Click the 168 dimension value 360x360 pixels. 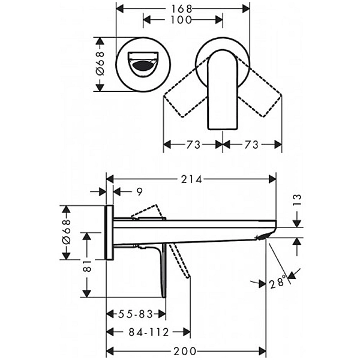(x=181, y=9)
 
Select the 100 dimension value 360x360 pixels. (x=181, y=20)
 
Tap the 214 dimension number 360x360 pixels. (x=192, y=179)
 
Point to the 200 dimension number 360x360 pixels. (x=185, y=351)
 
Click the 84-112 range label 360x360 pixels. (x=149, y=332)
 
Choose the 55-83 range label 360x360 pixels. (x=136, y=314)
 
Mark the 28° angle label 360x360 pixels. (x=278, y=282)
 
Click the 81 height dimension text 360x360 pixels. (x=88, y=266)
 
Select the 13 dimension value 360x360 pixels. (x=297, y=200)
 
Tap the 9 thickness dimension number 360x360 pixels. (x=140, y=192)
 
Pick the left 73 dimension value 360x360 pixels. (x=193, y=145)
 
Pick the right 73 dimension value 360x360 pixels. (x=251, y=145)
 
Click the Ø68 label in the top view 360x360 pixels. (x=100, y=64)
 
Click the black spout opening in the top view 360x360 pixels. (x=143, y=66)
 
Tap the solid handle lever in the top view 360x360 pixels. (x=222, y=89)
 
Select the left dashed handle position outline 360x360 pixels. (x=186, y=87)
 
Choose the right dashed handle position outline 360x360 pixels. (x=259, y=87)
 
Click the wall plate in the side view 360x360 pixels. (x=110, y=233)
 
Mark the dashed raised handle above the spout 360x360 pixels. (x=149, y=211)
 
